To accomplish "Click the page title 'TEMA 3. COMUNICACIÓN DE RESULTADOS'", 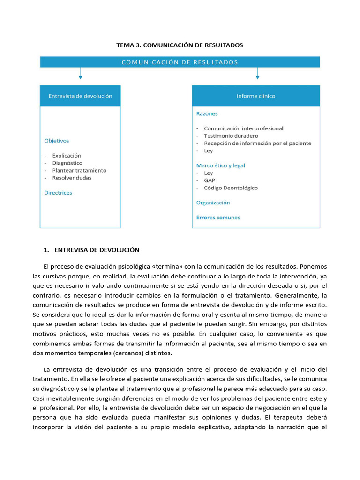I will pos(180,45).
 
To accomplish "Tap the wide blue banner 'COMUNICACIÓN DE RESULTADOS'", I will pos(180,62).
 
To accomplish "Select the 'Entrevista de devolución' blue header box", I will pos(80,96).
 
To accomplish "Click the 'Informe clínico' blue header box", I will pos(256,96).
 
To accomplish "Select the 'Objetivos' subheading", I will pos(56,140).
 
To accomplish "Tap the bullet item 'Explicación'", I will pos(67,155).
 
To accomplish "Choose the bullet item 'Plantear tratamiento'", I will pos(79,170).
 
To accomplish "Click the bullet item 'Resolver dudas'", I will pos(72,178).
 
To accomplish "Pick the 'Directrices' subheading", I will pos(58,192).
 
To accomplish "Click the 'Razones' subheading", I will pos(207,113).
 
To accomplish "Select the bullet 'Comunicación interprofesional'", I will pos(243,128).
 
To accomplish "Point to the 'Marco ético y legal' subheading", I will pos(220,165).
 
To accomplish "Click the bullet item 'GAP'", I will pos(210,180).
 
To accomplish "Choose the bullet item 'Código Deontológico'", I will pos(231,187).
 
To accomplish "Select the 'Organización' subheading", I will pos(213,202).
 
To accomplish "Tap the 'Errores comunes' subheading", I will pos(218,217).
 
